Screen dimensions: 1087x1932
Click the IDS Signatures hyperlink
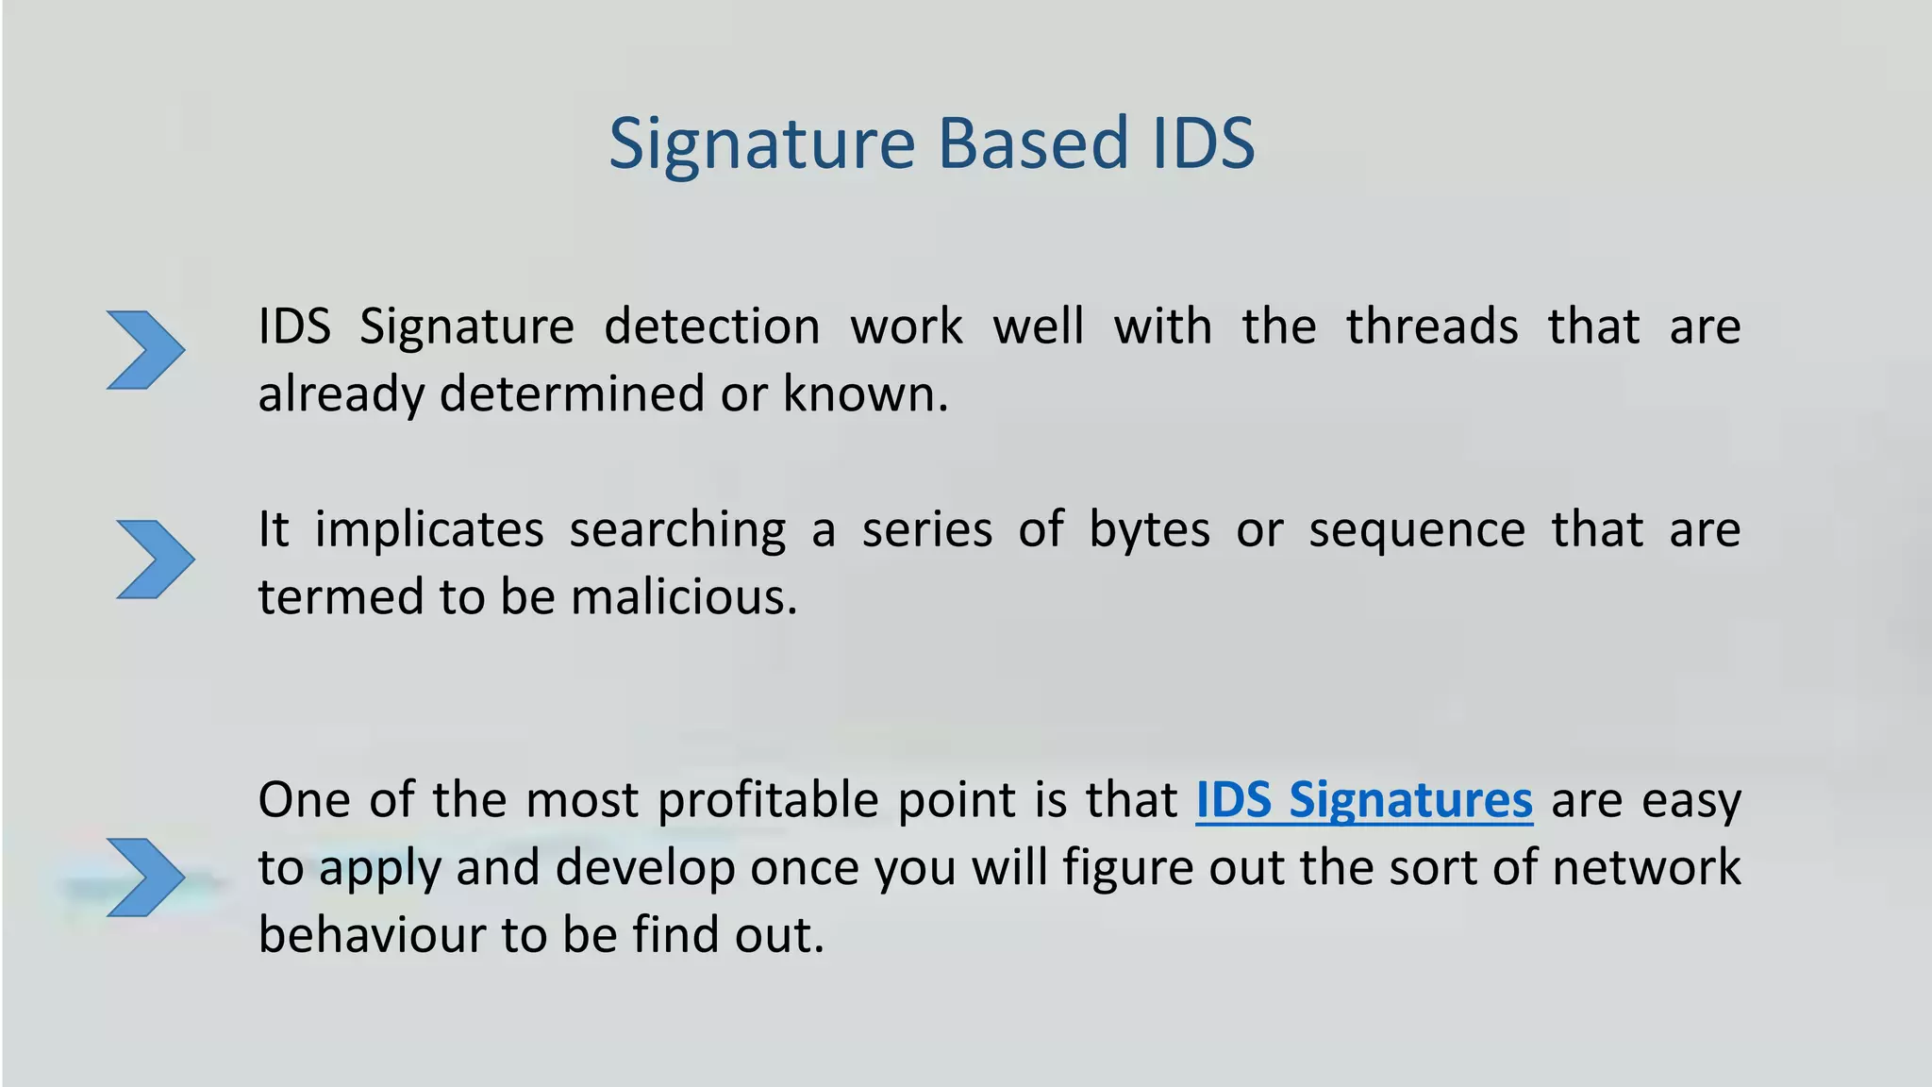pos(1364,800)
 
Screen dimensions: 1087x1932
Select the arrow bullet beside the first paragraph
pos(145,350)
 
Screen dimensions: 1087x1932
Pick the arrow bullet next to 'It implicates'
pos(155,559)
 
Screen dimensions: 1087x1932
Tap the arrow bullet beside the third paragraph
pos(145,877)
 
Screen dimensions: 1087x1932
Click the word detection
pos(711,327)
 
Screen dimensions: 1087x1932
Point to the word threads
pos(1431,327)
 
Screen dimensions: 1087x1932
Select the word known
pos(864,394)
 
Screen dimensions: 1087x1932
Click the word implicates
pos(429,530)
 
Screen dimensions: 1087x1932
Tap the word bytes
pos(1149,530)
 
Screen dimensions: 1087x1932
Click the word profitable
pos(768,801)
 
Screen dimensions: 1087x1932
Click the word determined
pos(572,394)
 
